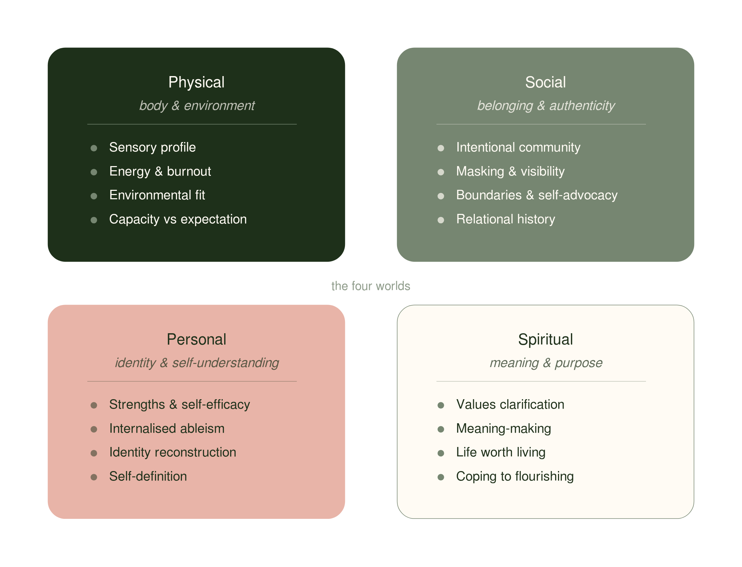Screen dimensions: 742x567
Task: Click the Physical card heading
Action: tap(196, 83)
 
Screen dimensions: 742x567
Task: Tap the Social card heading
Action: tap(545, 82)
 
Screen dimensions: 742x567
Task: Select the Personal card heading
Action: tap(196, 340)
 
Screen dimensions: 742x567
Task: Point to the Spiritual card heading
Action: tap(545, 340)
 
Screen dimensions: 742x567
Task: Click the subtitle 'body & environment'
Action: tap(197, 106)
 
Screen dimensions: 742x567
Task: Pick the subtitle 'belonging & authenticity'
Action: tap(546, 106)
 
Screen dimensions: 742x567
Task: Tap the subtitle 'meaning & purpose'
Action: tap(546, 363)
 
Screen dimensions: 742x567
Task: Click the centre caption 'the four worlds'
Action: tap(371, 286)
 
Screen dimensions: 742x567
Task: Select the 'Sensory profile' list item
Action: tap(152, 148)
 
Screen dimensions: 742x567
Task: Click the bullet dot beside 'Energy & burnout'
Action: tap(94, 172)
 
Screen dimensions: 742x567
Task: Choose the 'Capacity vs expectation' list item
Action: tap(178, 219)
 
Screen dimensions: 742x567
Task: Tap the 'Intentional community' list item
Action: tap(518, 148)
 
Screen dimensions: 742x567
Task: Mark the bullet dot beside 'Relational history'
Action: tap(441, 220)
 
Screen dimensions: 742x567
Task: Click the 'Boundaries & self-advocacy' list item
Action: tap(537, 195)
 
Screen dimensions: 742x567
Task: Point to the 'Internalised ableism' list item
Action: tap(167, 428)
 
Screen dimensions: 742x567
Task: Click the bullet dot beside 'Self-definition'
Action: tap(94, 477)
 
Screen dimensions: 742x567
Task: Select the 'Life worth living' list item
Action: tap(501, 453)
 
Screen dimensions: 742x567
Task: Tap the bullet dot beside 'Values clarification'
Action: tap(441, 405)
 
